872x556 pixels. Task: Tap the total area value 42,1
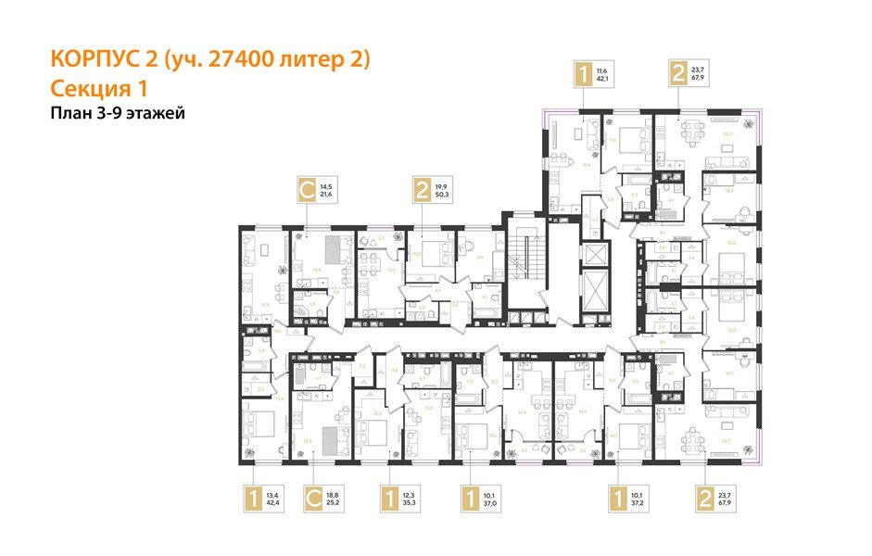603,79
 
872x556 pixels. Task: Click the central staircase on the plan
527,263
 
